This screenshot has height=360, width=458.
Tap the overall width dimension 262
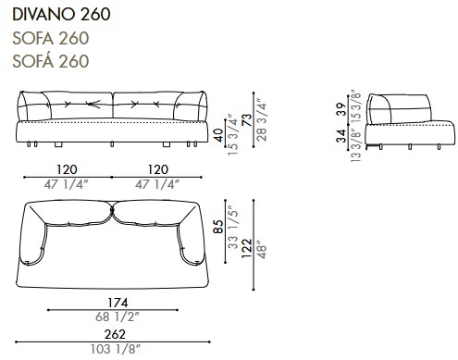coord(114,336)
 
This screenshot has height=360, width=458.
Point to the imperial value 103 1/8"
coord(114,349)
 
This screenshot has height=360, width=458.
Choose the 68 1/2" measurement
coord(114,317)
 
